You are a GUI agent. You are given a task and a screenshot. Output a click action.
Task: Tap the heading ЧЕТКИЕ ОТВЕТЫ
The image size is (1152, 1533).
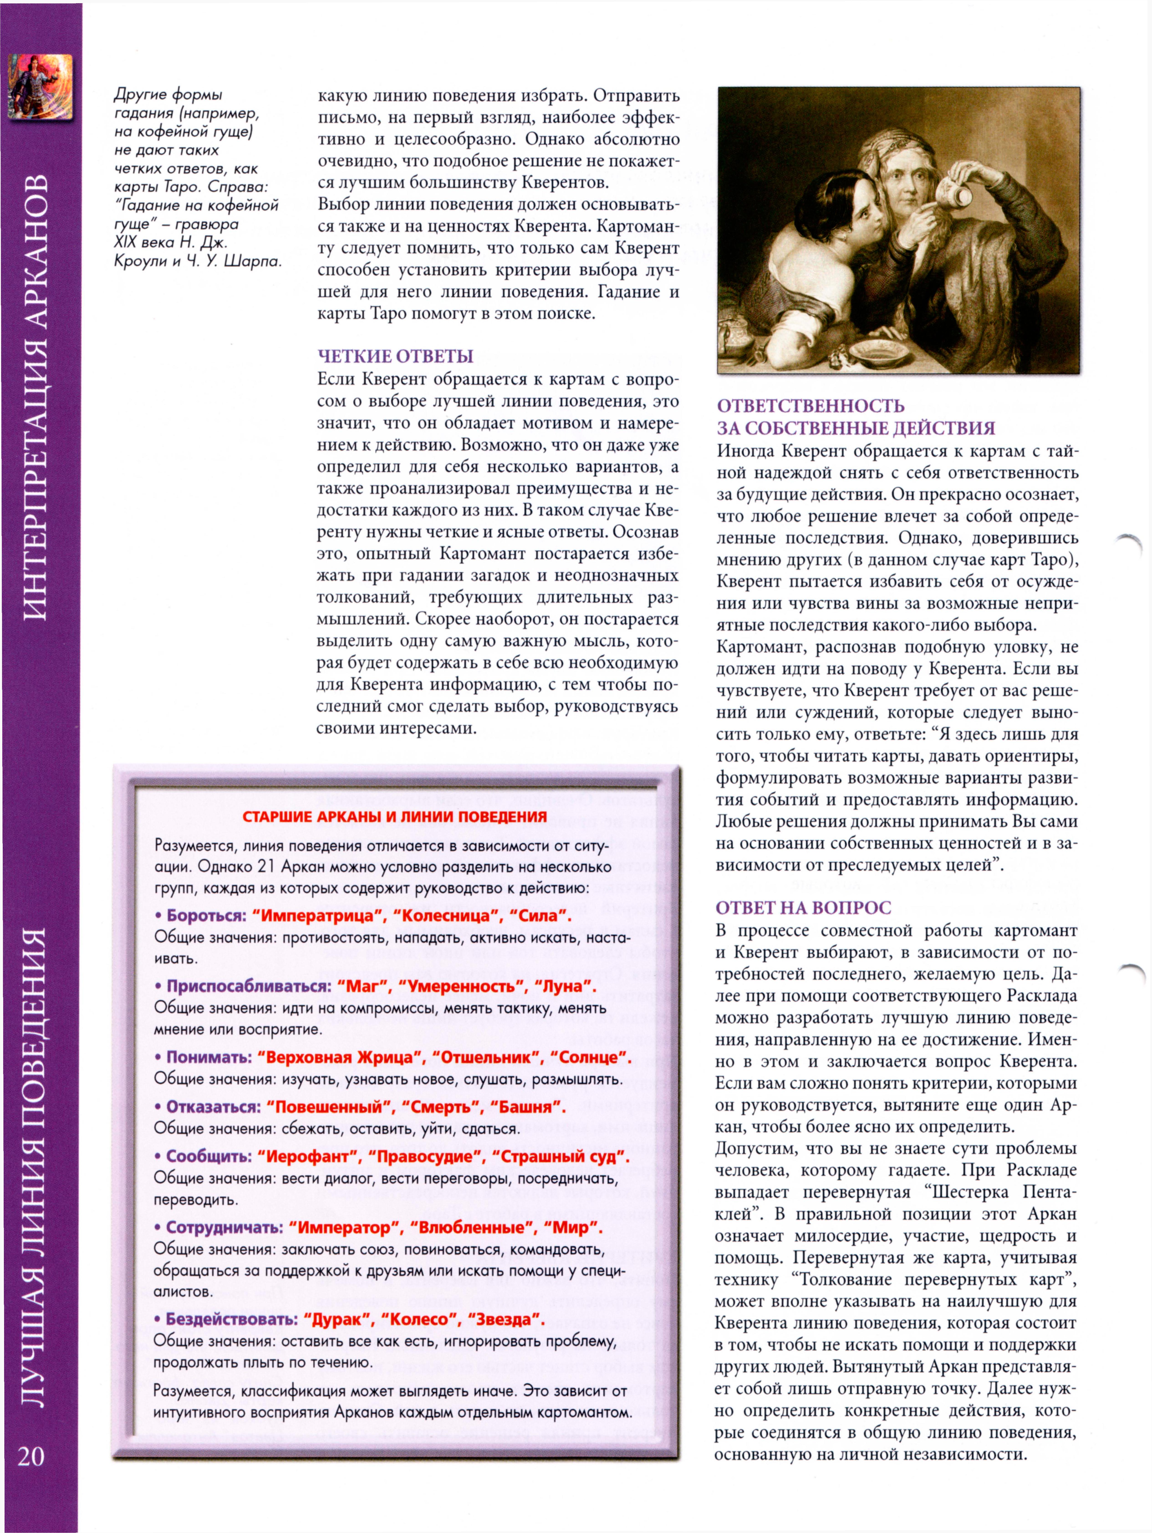pos(395,356)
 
